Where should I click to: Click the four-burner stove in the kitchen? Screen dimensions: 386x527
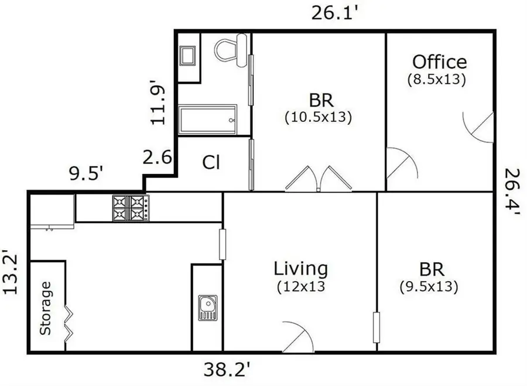pyautogui.click(x=131, y=208)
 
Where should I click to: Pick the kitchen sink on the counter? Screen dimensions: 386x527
pyautogui.click(x=207, y=308)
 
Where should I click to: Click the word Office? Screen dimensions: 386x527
pyautogui.click(x=439, y=62)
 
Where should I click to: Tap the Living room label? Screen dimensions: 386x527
pyautogui.click(x=301, y=269)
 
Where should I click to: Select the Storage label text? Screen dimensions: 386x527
pyautogui.click(x=46, y=308)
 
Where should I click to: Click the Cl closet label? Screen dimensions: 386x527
pyautogui.click(x=211, y=163)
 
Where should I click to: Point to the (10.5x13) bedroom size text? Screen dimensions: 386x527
pyautogui.click(x=318, y=117)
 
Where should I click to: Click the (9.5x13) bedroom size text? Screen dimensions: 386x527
pyautogui.click(x=428, y=287)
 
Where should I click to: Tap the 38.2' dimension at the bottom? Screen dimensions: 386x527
pyautogui.click(x=228, y=369)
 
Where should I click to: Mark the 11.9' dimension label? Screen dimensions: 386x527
pyautogui.click(x=158, y=104)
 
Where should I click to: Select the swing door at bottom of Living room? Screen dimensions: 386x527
pyautogui.click(x=298, y=337)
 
